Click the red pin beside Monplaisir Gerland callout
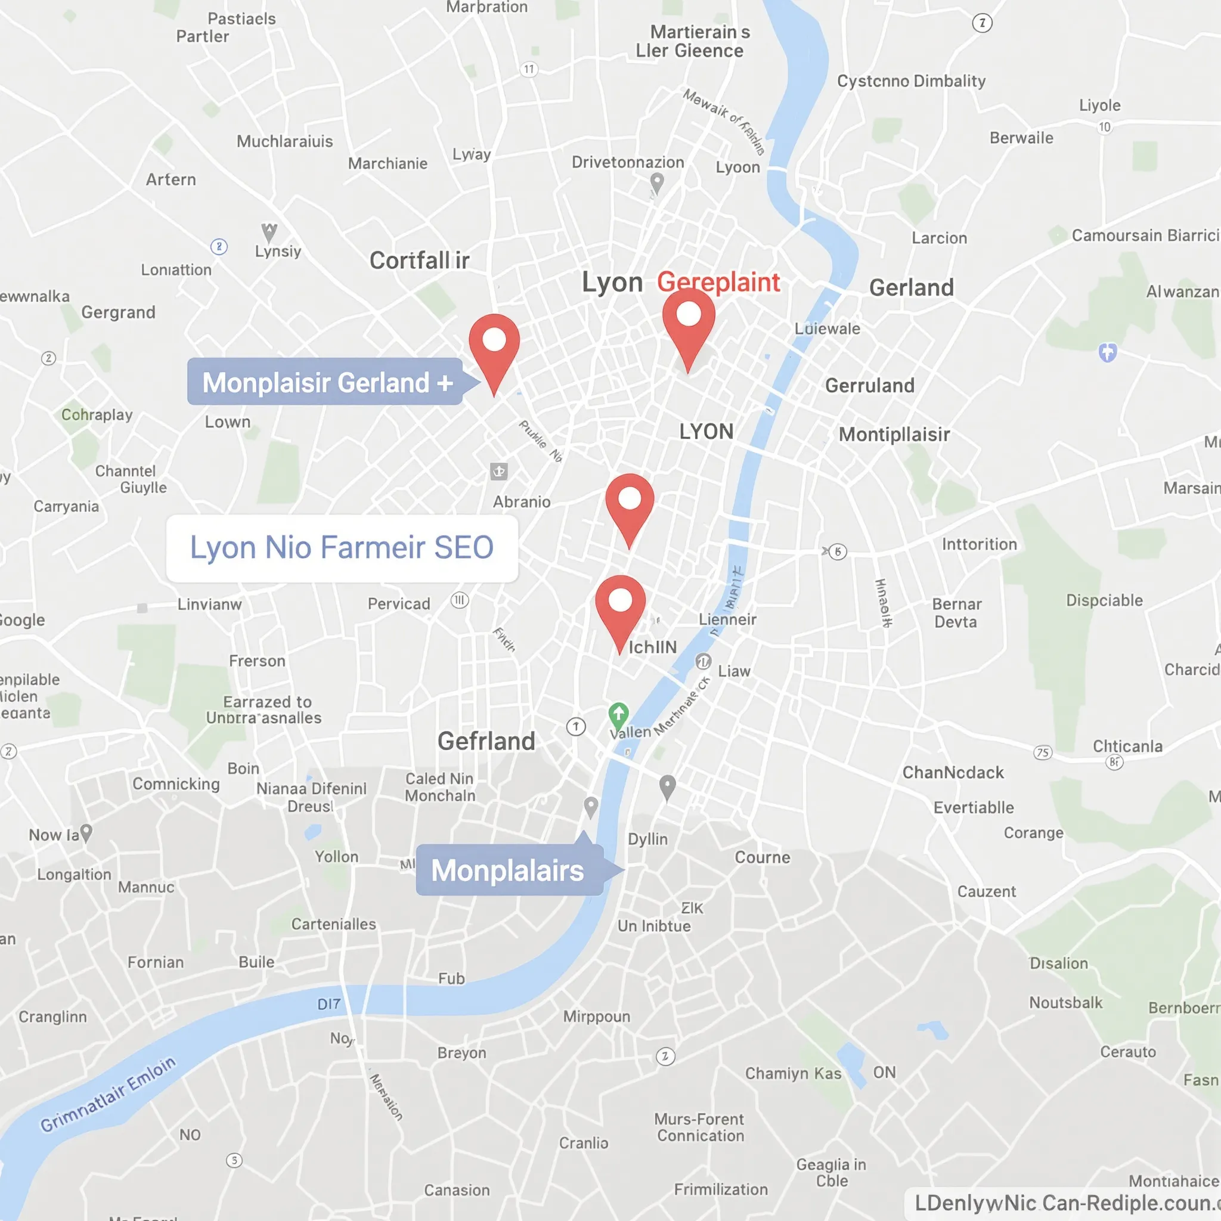(494, 345)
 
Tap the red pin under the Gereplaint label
(688, 319)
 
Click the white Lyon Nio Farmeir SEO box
(342, 548)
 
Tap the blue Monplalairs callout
(509, 870)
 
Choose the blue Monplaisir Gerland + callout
(326, 382)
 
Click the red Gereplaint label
(718, 282)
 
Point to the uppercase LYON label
(706, 432)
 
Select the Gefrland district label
(486, 740)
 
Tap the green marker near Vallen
(618, 714)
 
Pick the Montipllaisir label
(894, 434)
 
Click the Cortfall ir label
(419, 261)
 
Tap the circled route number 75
(1043, 752)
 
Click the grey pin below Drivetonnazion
(657, 182)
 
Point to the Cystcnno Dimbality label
(911, 81)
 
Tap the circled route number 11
(529, 70)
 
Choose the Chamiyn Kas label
(793, 1073)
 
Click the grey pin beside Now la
(86, 832)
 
